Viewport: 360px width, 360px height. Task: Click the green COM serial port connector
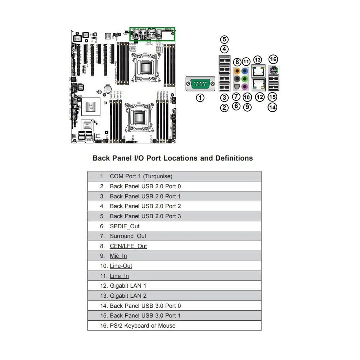[x=201, y=84]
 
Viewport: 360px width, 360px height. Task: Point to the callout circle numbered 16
[x=274, y=59]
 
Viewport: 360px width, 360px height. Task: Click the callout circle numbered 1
[x=201, y=97]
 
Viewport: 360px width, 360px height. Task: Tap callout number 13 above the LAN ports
[x=257, y=60]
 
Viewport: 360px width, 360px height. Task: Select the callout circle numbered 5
[x=224, y=40]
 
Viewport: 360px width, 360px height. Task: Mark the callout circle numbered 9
[x=247, y=107]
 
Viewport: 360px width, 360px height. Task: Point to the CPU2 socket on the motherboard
[x=145, y=67]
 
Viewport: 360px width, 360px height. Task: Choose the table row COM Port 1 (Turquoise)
[x=141, y=176]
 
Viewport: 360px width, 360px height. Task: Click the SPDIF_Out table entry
[x=125, y=226]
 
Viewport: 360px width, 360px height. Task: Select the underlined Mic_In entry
[x=118, y=256]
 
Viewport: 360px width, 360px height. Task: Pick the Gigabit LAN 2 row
[x=128, y=296]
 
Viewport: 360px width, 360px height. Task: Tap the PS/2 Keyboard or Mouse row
[x=143, y=325]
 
